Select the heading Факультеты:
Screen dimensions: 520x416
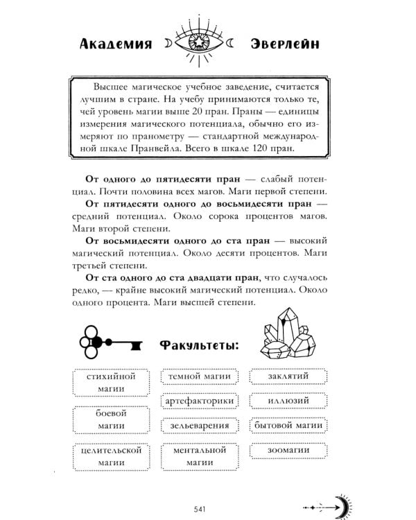pyautogui.click(x=198, y=345)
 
